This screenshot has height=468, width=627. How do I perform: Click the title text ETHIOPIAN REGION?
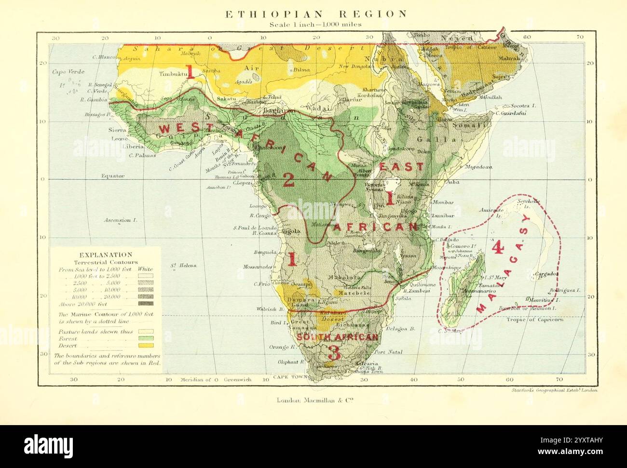(x=316, y=14)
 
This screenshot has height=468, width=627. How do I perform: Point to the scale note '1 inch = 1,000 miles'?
(x=316, y=25)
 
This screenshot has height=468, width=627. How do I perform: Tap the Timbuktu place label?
(x=172, y=75)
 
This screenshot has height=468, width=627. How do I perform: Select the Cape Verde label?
(x=68, y=72)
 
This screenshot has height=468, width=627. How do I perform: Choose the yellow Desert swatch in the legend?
(x=145, y=346)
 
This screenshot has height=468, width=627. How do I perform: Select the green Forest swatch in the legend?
(x=145, y=339)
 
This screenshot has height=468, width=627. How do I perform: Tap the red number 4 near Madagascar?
(x=498, y=248)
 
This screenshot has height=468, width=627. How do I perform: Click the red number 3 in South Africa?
(x=333, y=353)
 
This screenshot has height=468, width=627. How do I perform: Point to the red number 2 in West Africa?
(x=288, y=180)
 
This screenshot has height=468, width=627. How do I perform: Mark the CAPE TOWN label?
(x=290, y=377)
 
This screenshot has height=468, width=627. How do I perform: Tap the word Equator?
(x=113, y=176)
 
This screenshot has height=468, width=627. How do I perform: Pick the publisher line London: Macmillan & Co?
(x=316, y=400)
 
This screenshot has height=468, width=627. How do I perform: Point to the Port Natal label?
(x=388, y=352)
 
